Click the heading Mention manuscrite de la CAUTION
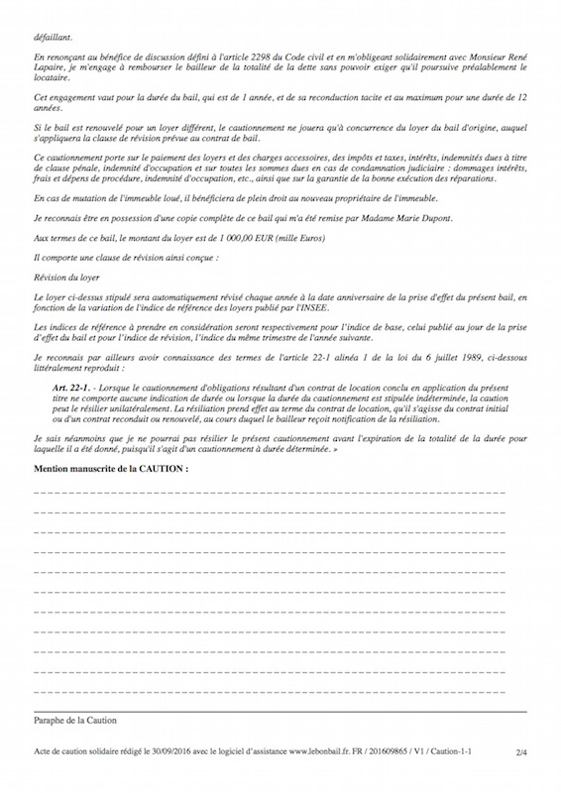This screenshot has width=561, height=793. (111, 466)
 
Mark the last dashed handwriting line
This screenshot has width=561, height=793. (270, 691)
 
